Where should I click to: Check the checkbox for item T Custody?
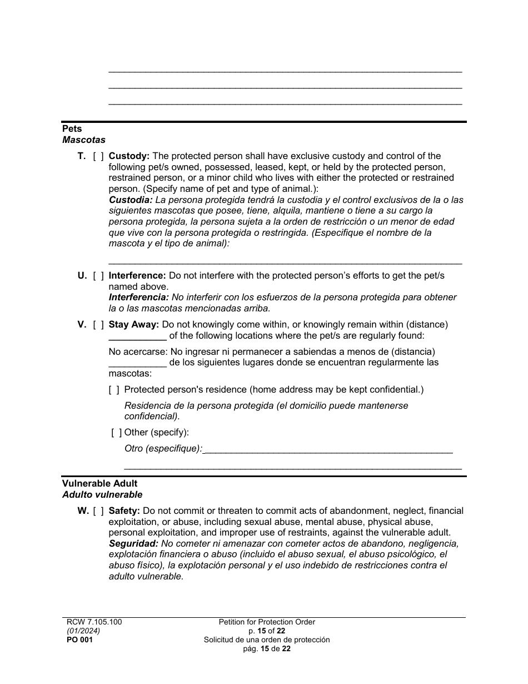tap(98, 156)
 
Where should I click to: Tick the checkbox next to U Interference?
tap(98, 276)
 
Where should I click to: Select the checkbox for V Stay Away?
tap(98, 325)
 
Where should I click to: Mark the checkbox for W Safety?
tap(98, 511)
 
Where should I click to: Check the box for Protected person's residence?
tap(114, 390)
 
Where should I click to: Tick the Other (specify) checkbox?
tap(117, 433)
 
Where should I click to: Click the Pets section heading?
tap(72, 129)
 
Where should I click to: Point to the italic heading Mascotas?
tap(83, 140)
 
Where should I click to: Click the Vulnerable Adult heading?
tap(99, 484)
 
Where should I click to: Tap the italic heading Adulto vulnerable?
tap(102, 494)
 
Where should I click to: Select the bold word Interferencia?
tap(138, 298)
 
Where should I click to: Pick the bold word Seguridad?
tap(133, 544)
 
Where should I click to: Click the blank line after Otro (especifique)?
tap(328, 449)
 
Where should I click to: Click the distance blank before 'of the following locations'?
tap(137, 336)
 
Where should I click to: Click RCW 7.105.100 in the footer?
tap(92, 622)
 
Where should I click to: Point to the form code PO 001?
tap(77, 640)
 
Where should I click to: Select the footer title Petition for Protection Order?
tap(267, 622)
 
